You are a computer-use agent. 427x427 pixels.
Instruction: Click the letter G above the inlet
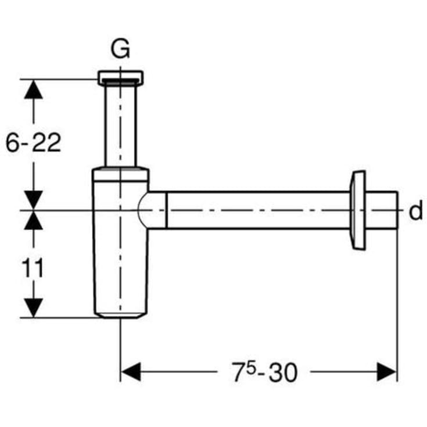point(120,51)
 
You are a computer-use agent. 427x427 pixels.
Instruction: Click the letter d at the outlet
point(415,211)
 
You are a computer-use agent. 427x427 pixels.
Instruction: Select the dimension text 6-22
point(34,142)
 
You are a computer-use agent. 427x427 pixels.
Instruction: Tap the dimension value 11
point(34,268)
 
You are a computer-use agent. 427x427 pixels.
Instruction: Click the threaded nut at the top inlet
point(120,77)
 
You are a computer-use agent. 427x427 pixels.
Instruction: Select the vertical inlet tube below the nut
point(120,125)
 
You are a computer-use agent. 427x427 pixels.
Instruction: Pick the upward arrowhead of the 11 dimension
point(34,220)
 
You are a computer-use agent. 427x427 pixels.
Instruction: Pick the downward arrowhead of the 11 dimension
point(34,307)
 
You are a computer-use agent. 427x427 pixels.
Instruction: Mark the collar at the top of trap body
point(120,172)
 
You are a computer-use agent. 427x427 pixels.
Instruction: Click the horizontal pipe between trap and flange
point(256,210)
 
